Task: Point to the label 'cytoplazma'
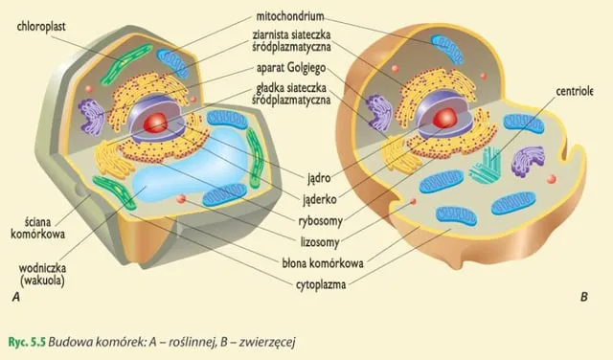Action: point(321,283)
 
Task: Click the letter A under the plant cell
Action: point(16,299)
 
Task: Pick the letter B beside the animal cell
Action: point(583,298)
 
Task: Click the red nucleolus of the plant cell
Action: point(157,123)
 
